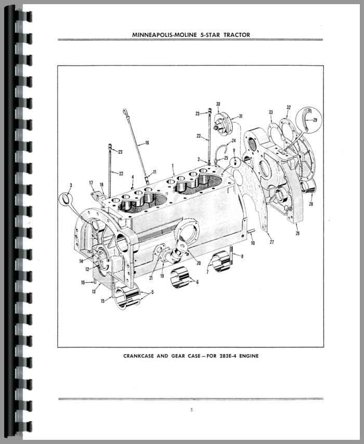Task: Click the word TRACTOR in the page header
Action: coord(235,35)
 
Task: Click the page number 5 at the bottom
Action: coord(191,410)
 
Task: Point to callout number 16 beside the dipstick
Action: coord(147,143)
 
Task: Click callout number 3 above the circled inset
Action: coord(71,186)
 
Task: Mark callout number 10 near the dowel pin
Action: coord(253,243)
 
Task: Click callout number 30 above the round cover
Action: coord(218,104)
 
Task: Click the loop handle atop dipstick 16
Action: coord(125,111)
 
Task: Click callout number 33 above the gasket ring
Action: coord(271,112)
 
